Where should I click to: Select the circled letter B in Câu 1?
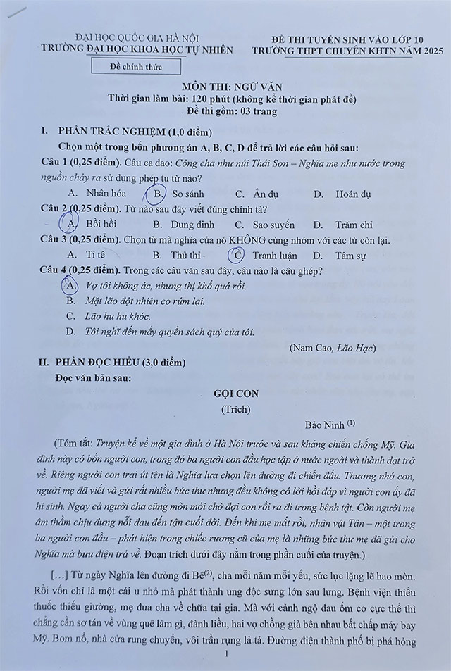(x=156, y=193)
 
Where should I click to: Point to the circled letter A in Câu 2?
(x=70, y=224)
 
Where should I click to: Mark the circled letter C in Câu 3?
(x=238, y=256)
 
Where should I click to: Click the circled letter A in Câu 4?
(x=70, y=285)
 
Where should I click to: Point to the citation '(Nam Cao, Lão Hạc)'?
(x=333, y=347)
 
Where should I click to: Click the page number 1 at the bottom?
(x=225, y=654)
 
